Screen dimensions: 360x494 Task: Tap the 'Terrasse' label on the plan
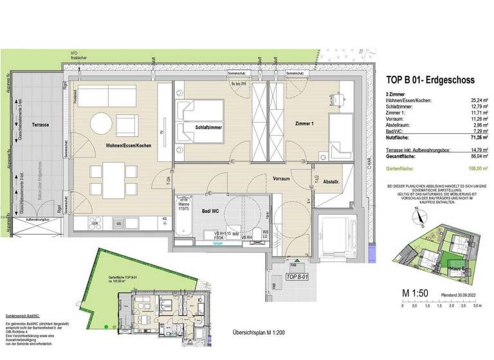40,123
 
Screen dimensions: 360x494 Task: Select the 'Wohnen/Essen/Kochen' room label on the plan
129,146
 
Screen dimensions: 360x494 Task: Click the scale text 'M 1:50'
416,293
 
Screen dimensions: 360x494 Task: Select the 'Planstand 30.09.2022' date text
458,294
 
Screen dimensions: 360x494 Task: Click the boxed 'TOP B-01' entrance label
297,276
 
